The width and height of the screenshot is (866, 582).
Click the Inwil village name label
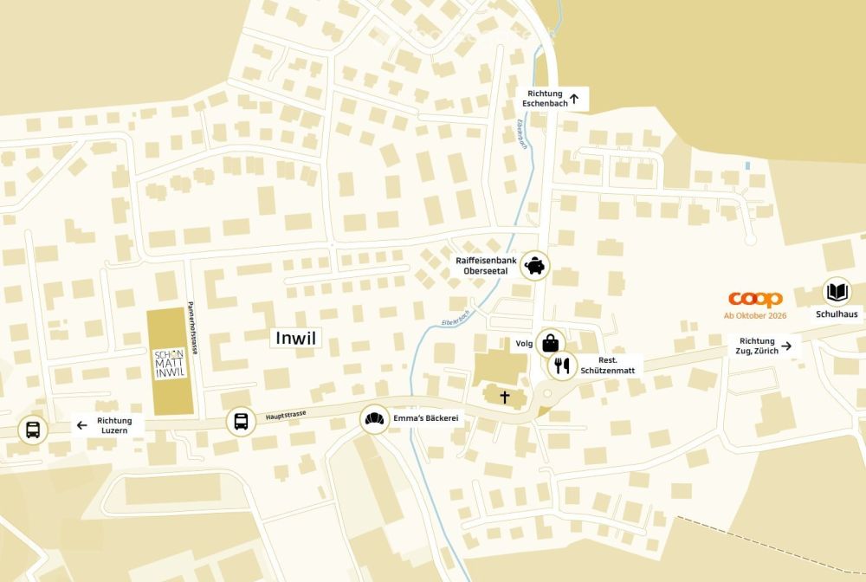point(295,338)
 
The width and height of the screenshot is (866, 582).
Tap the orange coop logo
point(755,300)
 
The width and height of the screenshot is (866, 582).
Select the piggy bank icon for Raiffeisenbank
point(535,266)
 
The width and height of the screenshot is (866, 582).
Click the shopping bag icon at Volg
point(550,342)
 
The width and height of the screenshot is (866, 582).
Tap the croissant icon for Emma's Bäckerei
point(374,419)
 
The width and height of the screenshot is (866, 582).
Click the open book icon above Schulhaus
point(837,292)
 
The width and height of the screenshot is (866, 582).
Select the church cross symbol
point(504,398)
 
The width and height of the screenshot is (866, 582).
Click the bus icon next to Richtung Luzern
point(32,429)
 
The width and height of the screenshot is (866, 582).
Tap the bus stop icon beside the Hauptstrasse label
point(241,422)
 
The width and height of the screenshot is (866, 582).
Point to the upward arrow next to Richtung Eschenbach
point(573,100)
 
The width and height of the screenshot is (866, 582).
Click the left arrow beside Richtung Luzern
point(82,424)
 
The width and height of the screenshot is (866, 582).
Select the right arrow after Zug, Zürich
point(786,346)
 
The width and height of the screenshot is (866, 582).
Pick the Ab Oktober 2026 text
point(755,315)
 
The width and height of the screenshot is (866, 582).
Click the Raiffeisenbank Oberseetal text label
point(486,265)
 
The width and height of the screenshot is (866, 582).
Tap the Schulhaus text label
point(837,314)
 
